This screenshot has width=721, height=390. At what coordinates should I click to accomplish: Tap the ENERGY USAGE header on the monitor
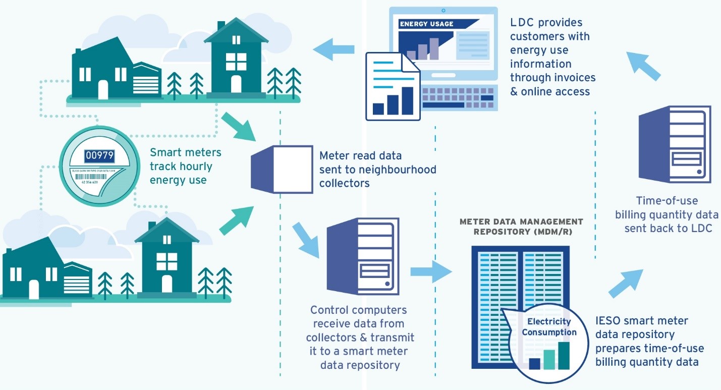426,24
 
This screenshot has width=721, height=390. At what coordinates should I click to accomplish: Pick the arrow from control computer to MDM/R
430,272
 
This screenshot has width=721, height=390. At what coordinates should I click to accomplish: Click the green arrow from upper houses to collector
239,127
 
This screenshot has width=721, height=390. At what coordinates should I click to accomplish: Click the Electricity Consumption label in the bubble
549,327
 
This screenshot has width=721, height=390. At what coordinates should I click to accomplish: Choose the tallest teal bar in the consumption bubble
564,355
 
